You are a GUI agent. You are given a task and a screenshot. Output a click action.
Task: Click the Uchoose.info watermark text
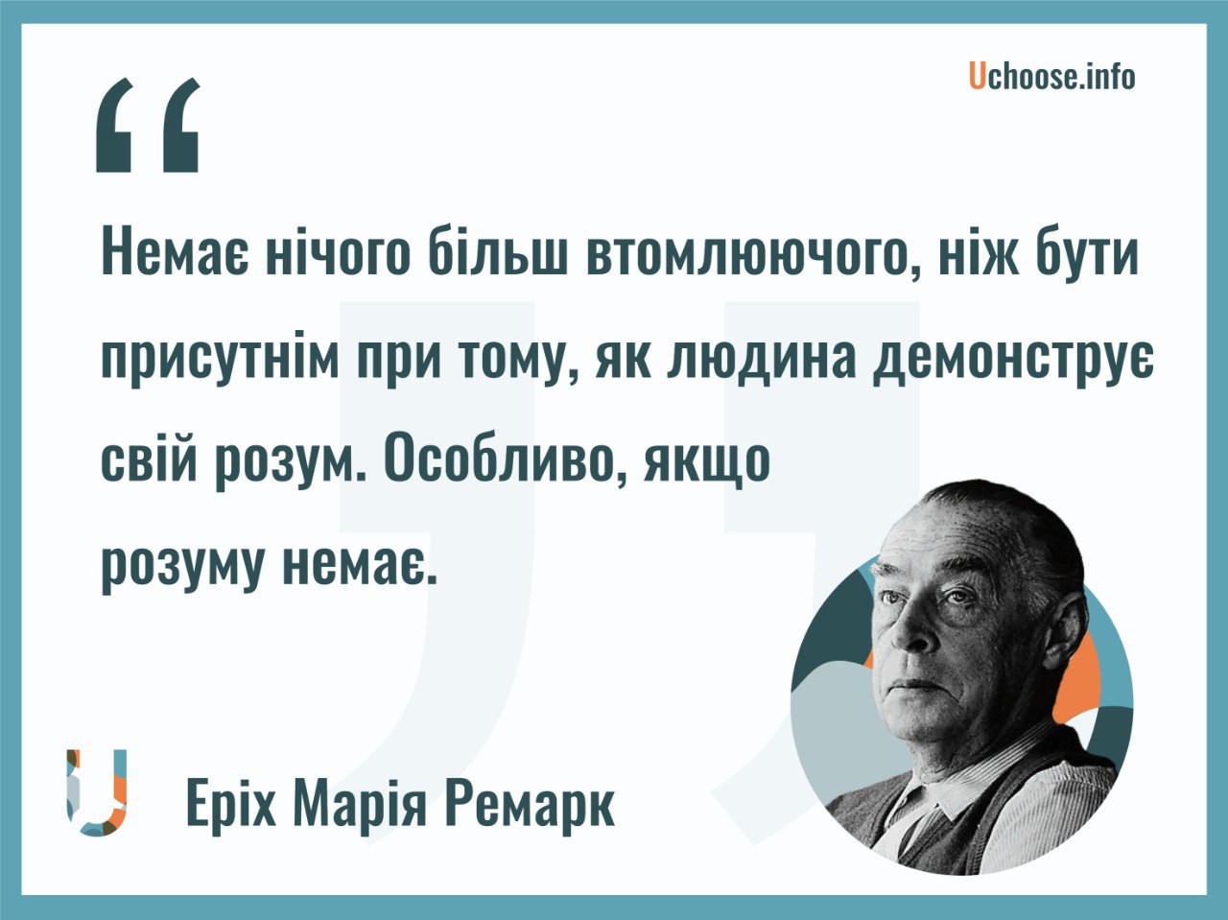tap(1051, 77)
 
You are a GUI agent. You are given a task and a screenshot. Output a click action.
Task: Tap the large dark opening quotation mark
tap(148, 125)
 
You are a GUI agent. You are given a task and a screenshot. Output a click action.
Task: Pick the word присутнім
tap(220, 362)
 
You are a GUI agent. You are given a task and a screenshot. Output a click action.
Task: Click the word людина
tap(763, 362)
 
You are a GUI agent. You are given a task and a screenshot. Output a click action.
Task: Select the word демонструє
tap(1013, 362)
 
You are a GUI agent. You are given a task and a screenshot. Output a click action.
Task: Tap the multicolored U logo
tap(96, 791)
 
